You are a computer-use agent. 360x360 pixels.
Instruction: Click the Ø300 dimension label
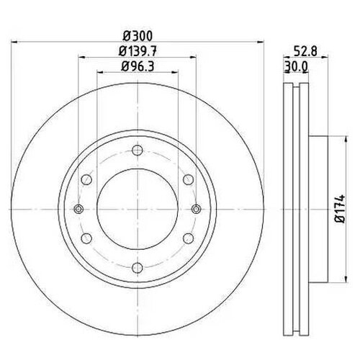click(x=136, y=37)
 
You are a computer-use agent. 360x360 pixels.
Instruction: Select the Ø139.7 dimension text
click(x=136, y=51)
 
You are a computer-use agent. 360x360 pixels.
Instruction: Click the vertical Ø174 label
click(x=338, y=208)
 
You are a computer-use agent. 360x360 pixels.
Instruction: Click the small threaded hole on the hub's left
click(x=77, y=209)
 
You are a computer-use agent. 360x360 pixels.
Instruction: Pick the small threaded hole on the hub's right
click(x=196, y=209)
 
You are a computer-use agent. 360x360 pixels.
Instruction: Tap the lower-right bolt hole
click(x=187, y=238)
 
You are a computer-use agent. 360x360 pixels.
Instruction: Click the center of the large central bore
click(x=136, y=209)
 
